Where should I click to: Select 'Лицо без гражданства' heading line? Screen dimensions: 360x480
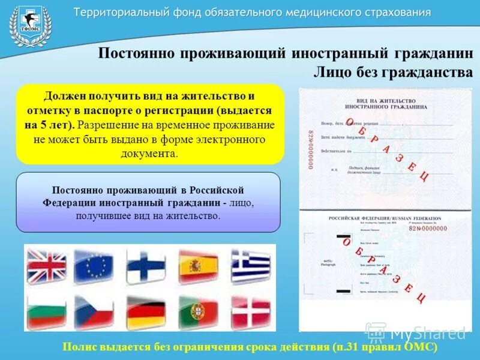[393, 72]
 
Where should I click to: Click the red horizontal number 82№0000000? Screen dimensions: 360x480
[427, 228]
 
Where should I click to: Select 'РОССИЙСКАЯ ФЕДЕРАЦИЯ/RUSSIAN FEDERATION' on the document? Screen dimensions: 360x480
[385, 218]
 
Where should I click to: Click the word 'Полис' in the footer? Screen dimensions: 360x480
[79, 347]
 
